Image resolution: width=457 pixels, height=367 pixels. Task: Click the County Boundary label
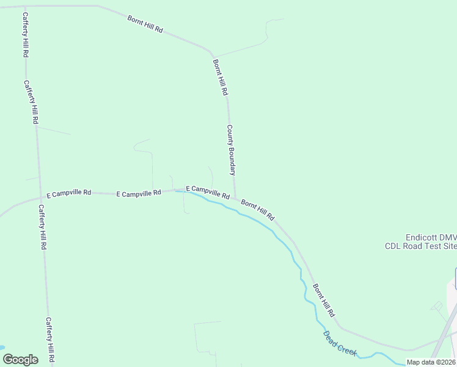(x=231, y=150)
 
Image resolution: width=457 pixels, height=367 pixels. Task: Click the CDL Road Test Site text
(x=420, y=247)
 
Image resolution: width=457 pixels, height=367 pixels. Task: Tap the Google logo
(x=20, y=360)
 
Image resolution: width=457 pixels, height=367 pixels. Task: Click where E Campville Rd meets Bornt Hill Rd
(x=235, y=198)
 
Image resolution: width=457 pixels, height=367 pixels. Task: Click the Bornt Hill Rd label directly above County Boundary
(x=220, y=77)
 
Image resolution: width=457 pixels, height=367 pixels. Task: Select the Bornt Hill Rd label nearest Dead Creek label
(x=324, y=300)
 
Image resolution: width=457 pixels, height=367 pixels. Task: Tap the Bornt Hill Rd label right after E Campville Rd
(x=258, y=210)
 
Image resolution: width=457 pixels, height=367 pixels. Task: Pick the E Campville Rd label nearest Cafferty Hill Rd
(x=69, y=193)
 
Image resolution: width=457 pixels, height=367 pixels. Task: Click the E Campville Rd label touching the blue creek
(x=208, y=192)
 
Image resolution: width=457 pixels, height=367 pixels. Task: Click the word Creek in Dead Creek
(x=343, y=347)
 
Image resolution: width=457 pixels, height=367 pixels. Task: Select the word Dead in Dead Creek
(x=329, y=337)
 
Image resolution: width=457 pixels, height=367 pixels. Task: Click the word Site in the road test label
(x=448, y=247)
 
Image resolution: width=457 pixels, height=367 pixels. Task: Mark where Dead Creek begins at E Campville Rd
(x=177, y=191)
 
